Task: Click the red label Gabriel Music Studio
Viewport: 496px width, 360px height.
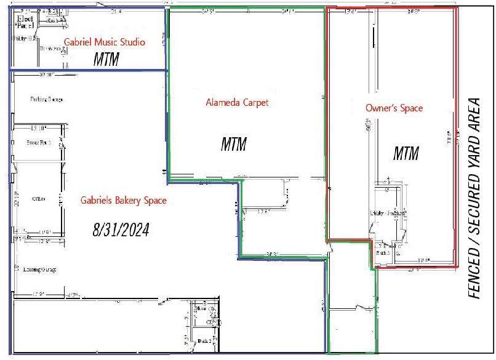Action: [x=104, y=42]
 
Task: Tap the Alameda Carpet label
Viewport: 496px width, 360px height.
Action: [x=237, y=103]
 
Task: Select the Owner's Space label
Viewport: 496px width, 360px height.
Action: [x=394, y=108]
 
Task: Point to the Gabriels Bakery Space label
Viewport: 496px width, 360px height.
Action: [x=123, y=200]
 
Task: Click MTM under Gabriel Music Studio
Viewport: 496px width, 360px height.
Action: [x=106, y=60]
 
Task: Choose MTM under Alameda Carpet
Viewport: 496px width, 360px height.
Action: [x=234, y=145]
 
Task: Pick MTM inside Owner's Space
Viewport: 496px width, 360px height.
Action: [x=406, y=153]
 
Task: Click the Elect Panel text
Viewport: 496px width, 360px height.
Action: [x=24, y=22]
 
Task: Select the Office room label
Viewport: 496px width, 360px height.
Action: [x=38, y=199]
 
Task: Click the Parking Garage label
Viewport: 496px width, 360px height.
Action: [x=46, y=99]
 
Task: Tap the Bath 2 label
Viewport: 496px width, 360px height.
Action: [x=205, y=340]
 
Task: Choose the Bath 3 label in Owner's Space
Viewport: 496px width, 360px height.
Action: [x=383, y=252]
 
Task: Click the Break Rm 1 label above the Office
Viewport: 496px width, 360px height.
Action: [x=38, y=142]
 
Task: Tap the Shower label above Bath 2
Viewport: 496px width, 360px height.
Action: [x=201, y=310]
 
